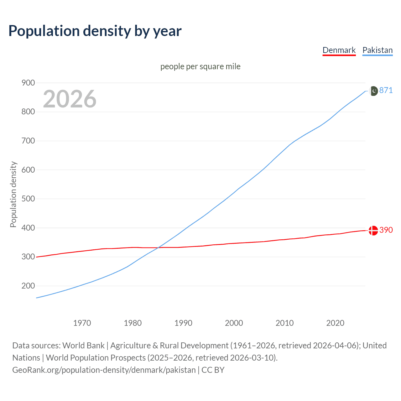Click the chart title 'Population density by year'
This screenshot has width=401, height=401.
click(95, 31)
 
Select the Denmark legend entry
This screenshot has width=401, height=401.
click(339, 50)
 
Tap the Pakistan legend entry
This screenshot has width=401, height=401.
click(377, 50)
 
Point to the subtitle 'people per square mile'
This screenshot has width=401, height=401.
click(200, 66)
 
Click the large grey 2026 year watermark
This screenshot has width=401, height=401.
click(70, 99)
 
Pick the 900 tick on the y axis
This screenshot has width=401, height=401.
click(28, 83)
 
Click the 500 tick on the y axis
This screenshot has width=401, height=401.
click(28, 199)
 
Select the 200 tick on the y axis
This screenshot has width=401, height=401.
click(28, 286)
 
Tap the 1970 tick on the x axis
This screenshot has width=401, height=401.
click(82, 323)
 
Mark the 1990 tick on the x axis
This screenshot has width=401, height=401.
click(183, 323)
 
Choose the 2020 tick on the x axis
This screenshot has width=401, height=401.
click(335, 323)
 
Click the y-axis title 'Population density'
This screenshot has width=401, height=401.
click(13, 194)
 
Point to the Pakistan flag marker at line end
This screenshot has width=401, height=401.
click(373, 91)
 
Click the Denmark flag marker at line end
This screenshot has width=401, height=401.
click(373, 231)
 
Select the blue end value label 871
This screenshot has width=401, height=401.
click(386, 91)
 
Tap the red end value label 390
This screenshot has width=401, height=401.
click(386, 230)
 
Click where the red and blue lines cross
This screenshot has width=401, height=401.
click(158, 247)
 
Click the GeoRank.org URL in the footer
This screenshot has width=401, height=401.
click(104, 370)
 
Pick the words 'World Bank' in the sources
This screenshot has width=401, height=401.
click(83, 346)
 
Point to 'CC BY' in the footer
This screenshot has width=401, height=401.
click(213, 370)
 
